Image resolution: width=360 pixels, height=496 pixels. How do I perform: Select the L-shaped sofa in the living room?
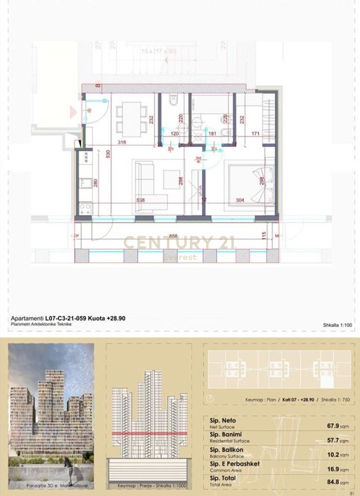pyautogui.click(x=146, y=186)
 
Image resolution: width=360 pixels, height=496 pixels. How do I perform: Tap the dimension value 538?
pyautogui.click(x=140, y=200)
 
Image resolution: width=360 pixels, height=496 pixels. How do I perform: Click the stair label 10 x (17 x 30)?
pyautogui.click(x=159, y=51)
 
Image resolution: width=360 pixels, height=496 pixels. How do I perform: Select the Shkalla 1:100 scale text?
pyautogui.click(x=337, y=325)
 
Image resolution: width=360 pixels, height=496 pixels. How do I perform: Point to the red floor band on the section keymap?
pyautogui.click(x=149, y=434)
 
